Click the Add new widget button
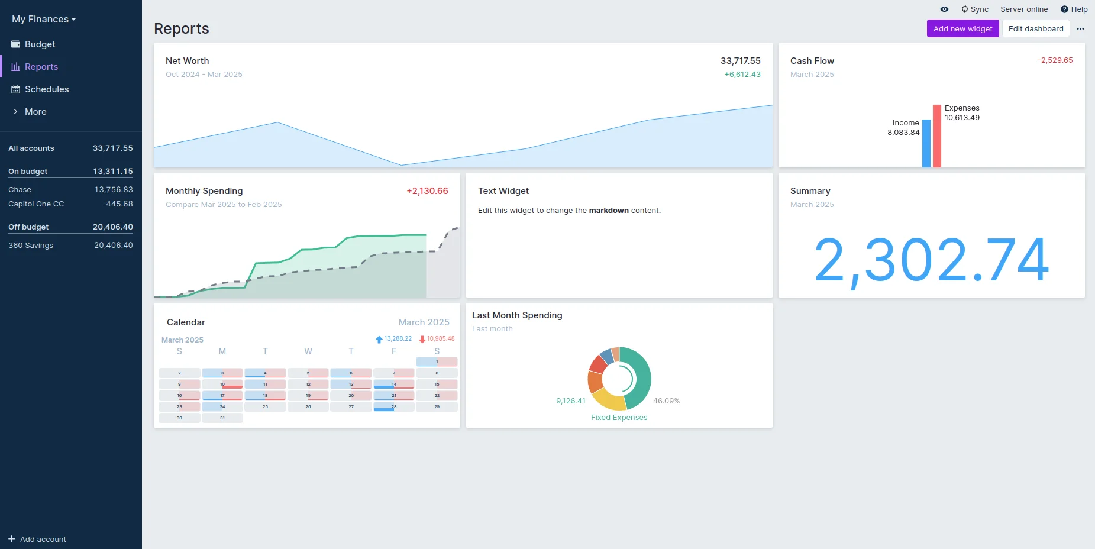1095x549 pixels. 962,28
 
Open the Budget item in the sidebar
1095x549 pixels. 40,44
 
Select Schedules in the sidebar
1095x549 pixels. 47,89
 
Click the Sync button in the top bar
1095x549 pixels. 975,9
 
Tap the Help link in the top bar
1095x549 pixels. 1074,9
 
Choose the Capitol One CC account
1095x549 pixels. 36,204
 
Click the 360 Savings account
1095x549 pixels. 31,246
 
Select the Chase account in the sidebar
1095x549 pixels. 20,190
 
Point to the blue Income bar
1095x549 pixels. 926,144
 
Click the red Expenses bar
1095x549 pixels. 937,136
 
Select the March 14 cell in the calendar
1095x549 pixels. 394,385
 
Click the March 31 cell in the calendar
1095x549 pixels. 222,418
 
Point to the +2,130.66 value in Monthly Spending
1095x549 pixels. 427,191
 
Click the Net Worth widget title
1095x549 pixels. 188,61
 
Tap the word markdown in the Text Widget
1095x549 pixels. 609,211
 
